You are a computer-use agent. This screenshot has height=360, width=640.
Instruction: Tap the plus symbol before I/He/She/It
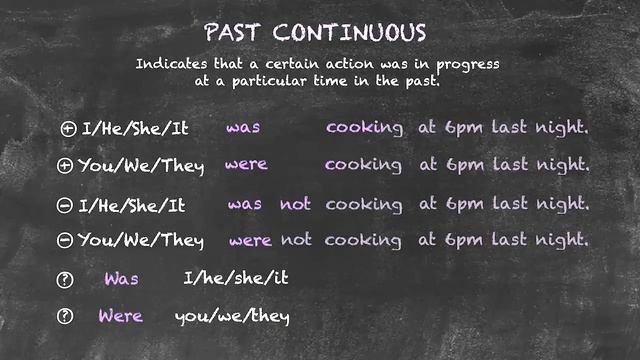(x=68, y=128)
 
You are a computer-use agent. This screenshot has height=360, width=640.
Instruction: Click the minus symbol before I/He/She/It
(x=65, y=205)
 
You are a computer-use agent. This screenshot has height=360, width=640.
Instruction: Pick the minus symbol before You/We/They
(x=65, y=240)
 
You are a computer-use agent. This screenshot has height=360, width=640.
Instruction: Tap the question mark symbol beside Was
(x=66, y=279)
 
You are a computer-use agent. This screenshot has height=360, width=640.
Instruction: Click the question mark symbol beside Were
(x=66, y=317)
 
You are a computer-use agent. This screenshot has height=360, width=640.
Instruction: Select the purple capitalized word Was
(x=121, y=278)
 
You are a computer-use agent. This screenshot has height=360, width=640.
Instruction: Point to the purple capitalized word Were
(x=120, y=316)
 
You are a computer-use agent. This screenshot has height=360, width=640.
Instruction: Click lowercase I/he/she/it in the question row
(x=236, y=278)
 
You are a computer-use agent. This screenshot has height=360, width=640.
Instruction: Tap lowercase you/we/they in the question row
(x=232, y=317)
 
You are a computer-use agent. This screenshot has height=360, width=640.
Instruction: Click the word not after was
(x=295, y=204)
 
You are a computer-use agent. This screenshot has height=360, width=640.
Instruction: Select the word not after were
(x=296, y=240)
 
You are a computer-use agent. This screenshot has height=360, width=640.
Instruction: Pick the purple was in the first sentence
(x=243, y=128)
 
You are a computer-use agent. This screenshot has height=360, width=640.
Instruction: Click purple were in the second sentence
(x=246, y=164)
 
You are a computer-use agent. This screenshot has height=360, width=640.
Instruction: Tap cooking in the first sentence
(x=364, y=129)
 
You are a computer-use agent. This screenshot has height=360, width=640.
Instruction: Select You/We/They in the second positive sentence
(x=141, y=165)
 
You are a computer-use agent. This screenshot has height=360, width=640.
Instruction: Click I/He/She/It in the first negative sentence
(x=132, y=205)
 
